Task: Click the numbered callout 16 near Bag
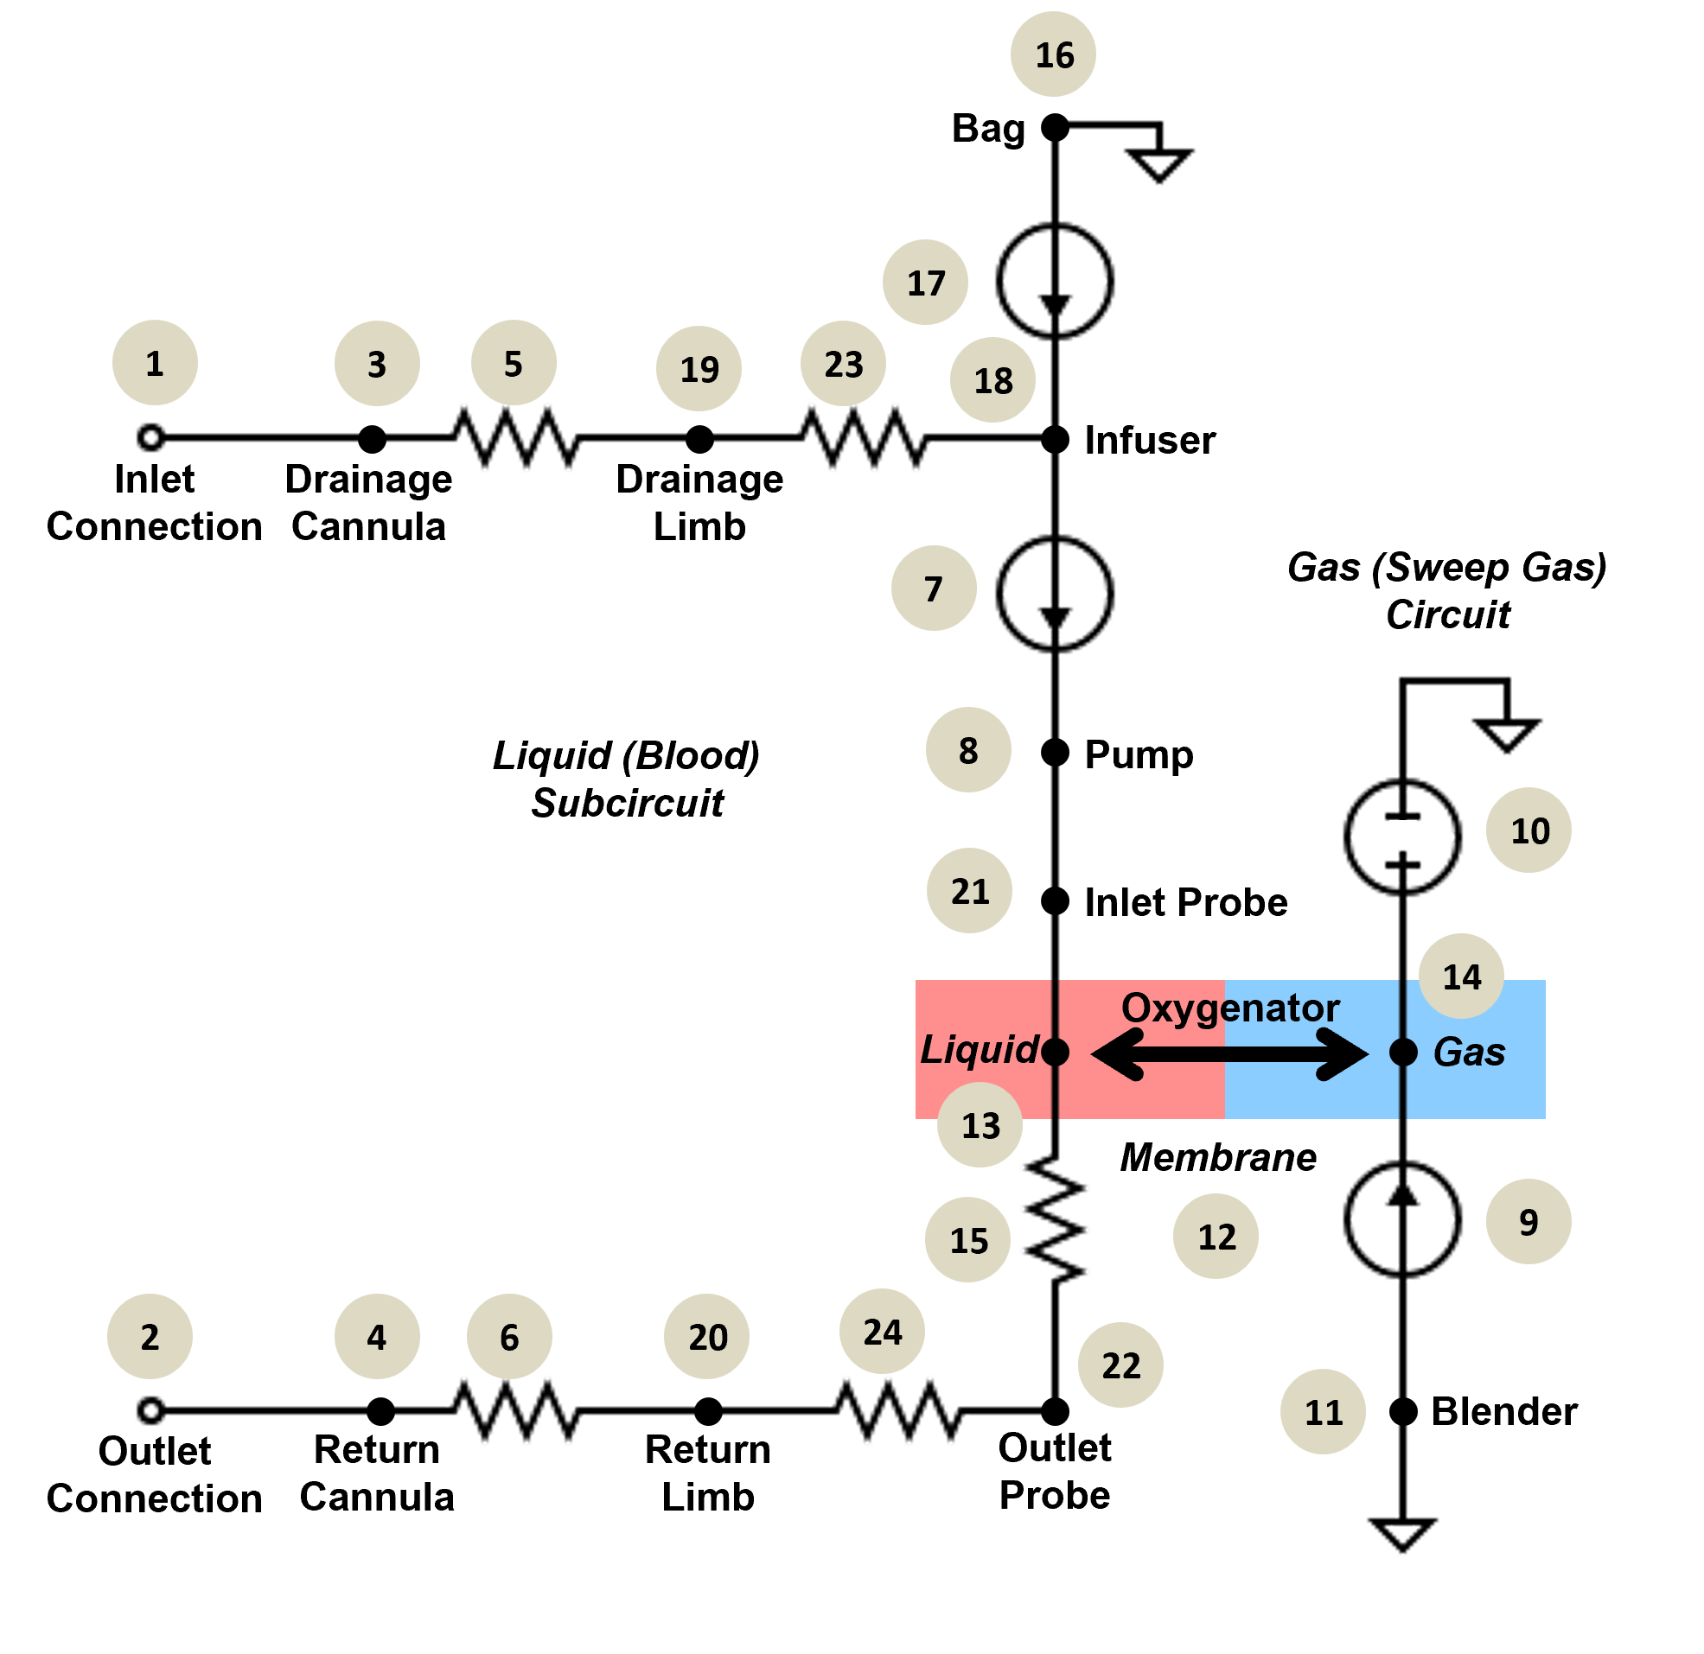1053,54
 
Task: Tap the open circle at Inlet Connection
151,437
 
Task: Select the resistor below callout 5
514,437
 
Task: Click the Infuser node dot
1055,440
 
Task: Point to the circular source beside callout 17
1055,281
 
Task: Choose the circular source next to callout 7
1055,594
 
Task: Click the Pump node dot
1055,753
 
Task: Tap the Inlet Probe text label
1186,902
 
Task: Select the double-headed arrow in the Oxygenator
1229,1054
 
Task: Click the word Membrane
1218,1158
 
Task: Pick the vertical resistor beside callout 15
1055,1219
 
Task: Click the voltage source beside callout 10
1402,837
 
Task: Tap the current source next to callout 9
1402,1219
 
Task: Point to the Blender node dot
1403,1411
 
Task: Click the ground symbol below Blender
1402,1535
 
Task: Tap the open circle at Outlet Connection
151,1410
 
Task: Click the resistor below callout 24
898,1410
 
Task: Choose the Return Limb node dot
709,1411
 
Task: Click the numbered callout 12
1216,1237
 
